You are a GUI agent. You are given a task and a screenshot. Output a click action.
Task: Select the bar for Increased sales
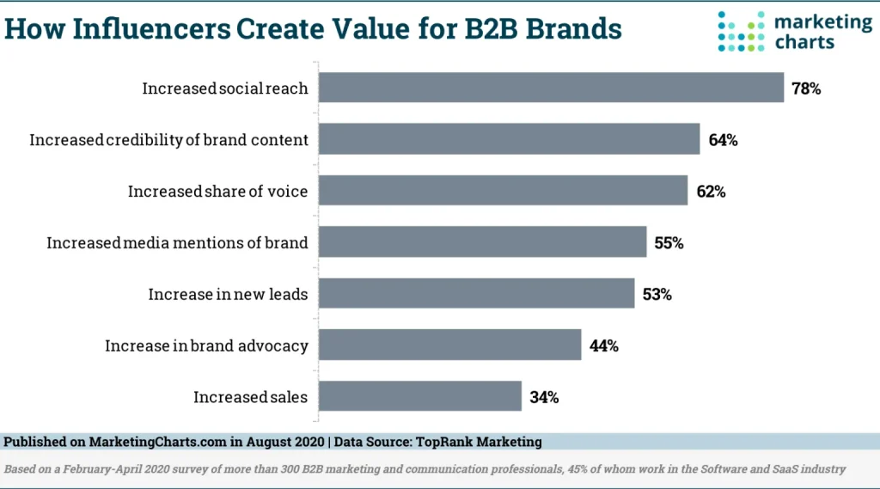pos(420,396)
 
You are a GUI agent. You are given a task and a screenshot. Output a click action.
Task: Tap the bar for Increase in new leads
pos(477,294)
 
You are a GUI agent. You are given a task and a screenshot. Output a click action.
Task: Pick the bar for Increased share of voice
pos(504,191)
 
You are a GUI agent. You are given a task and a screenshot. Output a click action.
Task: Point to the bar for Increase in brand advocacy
pos(450,345)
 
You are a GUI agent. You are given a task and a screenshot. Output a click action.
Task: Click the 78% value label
pos(806,88)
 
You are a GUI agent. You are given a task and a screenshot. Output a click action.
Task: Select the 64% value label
pos(723,139)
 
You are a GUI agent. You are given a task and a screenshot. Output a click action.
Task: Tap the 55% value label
pos(669,242)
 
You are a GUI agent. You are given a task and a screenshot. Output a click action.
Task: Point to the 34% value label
pos(545,397)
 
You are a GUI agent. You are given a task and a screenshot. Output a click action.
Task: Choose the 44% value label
pos(603,345)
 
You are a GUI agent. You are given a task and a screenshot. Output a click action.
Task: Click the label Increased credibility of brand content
pos(168,139)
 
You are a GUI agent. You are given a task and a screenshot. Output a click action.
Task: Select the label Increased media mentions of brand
pos(177,242)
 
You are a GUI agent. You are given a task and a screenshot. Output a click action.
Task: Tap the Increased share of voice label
pos(217,191)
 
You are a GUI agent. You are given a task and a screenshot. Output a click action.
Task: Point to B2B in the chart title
pos(485,28)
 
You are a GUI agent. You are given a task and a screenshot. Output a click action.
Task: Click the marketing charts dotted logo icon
pos(741,32)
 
